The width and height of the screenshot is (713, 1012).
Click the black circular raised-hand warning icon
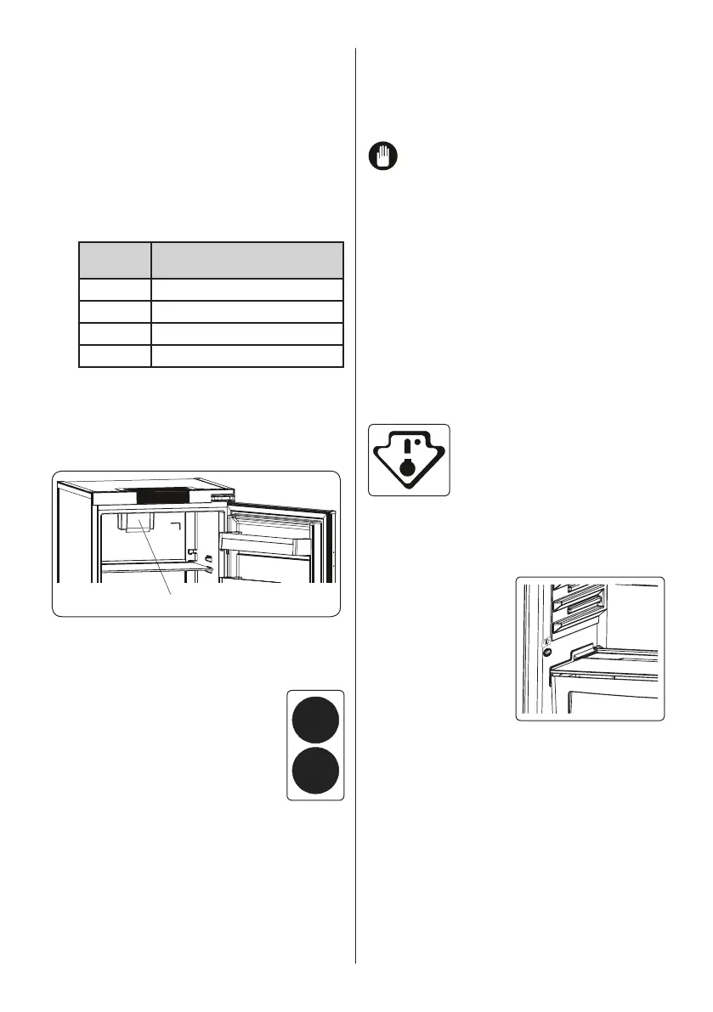pos(382,156)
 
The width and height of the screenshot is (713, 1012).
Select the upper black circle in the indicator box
pos(315,719)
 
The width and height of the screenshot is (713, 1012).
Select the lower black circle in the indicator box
pos(315,770)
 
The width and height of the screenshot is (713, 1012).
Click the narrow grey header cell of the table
pos(115,259)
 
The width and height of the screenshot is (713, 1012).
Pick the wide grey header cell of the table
pos(246,259)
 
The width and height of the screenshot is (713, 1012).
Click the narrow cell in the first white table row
pos(115,289)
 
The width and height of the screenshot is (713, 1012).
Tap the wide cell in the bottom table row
pos(246,355)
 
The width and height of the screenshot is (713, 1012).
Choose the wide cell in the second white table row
pos(246,311)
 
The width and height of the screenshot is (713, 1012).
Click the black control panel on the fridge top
pos(173,495)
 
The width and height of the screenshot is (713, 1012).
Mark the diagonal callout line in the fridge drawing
pos(157,561)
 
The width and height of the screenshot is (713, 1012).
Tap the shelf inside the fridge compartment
pos(149,568)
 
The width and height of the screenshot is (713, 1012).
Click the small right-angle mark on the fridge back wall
pos(177,528)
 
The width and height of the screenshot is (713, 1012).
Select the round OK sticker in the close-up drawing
pos(546,653)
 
